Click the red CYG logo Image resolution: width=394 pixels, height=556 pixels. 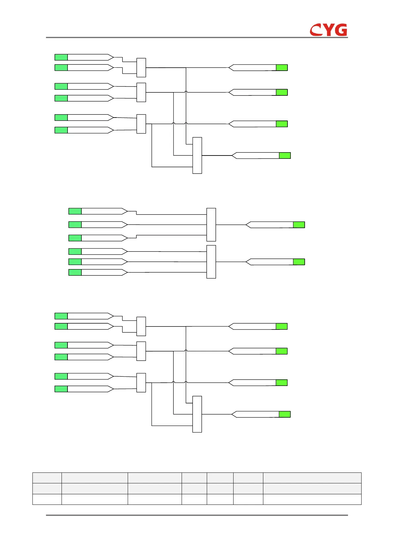[328, 30]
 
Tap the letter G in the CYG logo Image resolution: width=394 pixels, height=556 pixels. [340, 30]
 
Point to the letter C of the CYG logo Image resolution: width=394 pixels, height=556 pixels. [316, 30]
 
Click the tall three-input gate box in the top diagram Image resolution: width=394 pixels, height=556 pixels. [197, 155]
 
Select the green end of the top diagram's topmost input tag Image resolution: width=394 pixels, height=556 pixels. [61, 57]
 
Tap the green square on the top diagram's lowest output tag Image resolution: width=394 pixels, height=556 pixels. [285, 156]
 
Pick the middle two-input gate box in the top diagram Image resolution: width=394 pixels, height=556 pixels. [141, 92]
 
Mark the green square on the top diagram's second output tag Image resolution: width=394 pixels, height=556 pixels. [282, 92]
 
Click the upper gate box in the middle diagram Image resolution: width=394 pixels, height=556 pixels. [211, 225]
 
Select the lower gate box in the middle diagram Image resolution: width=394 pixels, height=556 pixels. [211, 262]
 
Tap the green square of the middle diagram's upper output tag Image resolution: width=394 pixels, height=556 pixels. [299, 225]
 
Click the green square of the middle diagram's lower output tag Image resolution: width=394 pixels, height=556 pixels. [299, 262]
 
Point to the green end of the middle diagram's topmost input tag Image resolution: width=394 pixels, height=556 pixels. [75, 211]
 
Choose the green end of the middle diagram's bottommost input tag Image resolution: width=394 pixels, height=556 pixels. [75, 272]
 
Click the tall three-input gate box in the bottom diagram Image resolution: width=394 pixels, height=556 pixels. [197, 414]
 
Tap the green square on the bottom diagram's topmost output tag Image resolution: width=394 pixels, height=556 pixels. [282, 326]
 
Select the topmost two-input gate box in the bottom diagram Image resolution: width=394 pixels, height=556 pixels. [141, 326]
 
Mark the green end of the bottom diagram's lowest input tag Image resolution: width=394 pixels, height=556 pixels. [61, 389]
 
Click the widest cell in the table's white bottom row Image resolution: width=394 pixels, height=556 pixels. [312, 499]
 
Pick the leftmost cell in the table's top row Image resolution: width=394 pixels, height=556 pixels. [47, 478]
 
